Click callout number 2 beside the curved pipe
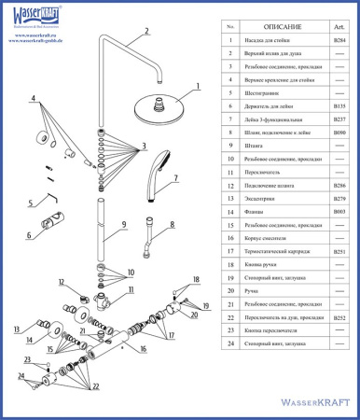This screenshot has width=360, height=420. pyautogui.click(x=146, y=31)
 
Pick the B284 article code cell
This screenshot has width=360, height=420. pyautogui.click(x=339, y=41)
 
